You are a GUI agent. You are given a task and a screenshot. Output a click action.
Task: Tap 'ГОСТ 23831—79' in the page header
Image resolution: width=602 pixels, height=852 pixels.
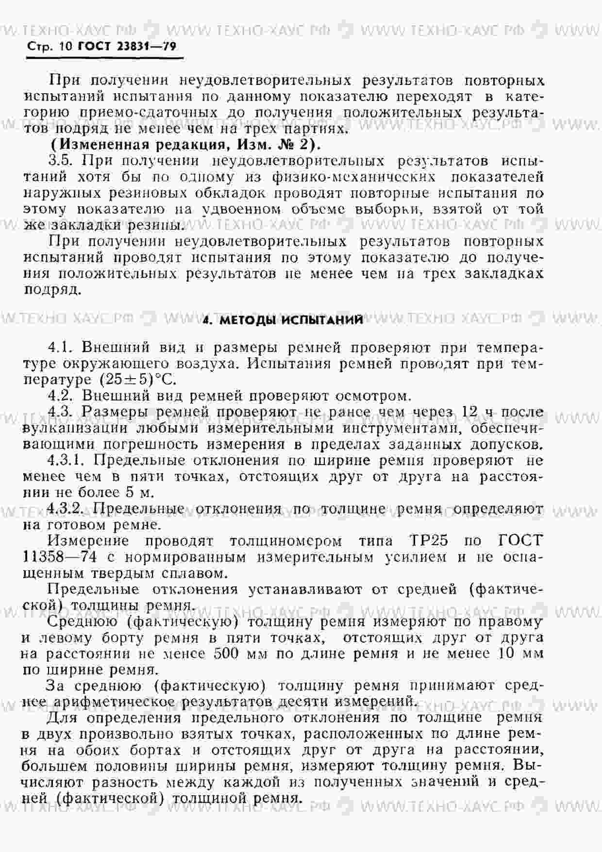127,47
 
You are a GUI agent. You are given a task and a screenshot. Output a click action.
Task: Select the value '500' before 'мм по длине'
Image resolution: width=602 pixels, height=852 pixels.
226,653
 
